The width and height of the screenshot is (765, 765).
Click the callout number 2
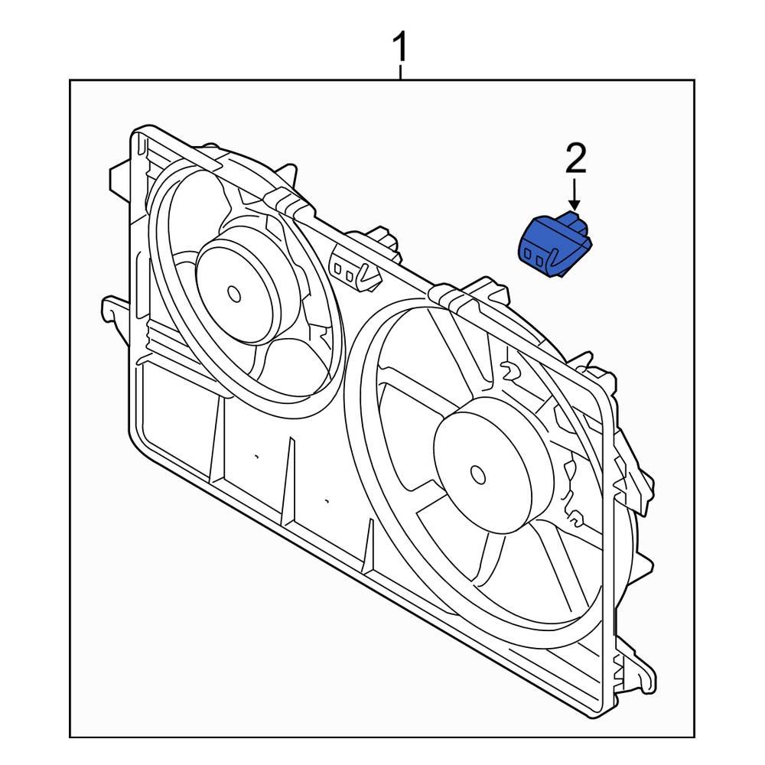coord(575,159)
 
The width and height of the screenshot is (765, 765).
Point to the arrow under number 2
coord(575,194)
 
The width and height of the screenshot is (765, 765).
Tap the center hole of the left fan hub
coord(234,292)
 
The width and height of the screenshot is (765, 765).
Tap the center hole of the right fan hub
coord(478,474)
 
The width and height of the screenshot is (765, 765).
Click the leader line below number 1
coord(399,73)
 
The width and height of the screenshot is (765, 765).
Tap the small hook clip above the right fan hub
coord(509,371)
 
